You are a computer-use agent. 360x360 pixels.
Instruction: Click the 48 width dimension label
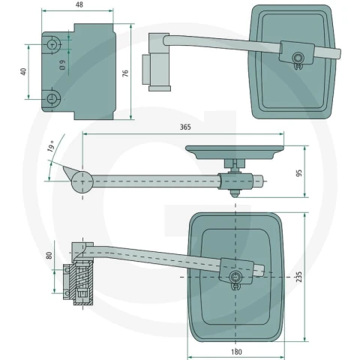(x=79, y=4)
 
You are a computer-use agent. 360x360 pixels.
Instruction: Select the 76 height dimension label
(x=125, y=73)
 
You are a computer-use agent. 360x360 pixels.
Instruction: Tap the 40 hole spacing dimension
(x=23, y=72)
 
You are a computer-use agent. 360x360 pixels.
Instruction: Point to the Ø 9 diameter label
(x=62, y=64)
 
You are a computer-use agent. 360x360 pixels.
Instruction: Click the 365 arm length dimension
(x=185, y=127)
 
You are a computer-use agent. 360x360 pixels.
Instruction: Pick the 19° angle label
(x=51, y=146)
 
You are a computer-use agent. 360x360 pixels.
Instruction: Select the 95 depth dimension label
(x=298, y=173)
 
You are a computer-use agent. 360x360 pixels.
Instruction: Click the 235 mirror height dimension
(x=298, y=277)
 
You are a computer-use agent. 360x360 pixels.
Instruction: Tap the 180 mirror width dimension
(x=236, y=352)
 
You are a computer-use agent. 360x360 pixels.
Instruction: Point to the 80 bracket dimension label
(x=49, y=255)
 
